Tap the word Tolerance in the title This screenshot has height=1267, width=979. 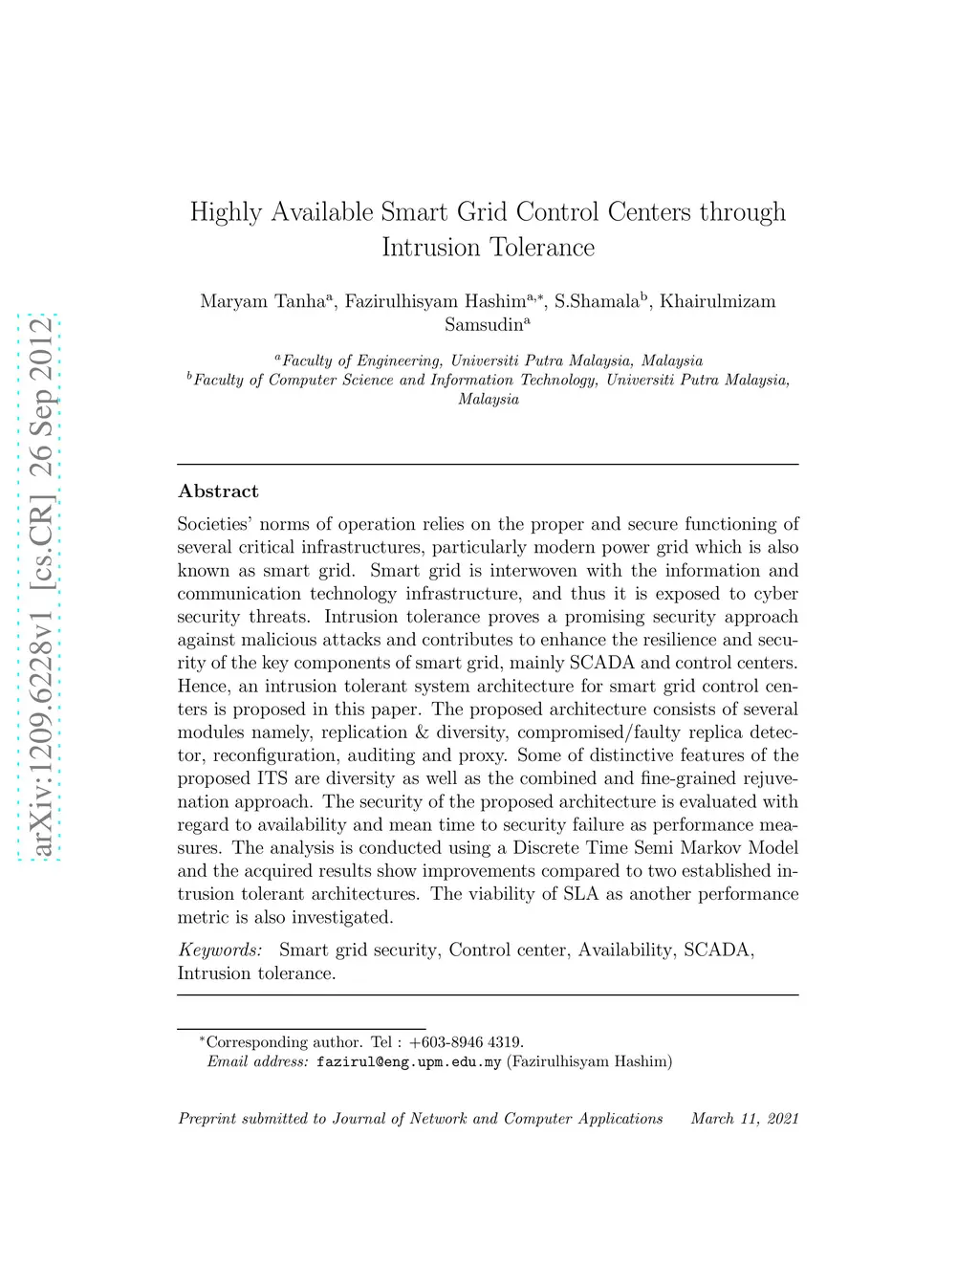(x=541, y=248)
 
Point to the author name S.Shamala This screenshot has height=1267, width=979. (x=597, y=301)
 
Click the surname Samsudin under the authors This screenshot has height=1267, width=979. (x=485, y=324)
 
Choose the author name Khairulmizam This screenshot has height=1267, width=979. (x=718, y=301)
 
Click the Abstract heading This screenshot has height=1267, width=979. (x=218, y=492)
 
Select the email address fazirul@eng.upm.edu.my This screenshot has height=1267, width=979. (x=408, y=1061)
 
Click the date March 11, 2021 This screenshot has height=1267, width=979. (x=745, y=1119)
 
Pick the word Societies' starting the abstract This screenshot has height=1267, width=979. (x=214, y=524)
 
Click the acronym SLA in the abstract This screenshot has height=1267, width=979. (x=580, y=894)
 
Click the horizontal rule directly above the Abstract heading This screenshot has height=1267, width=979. (x=488, y=465)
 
